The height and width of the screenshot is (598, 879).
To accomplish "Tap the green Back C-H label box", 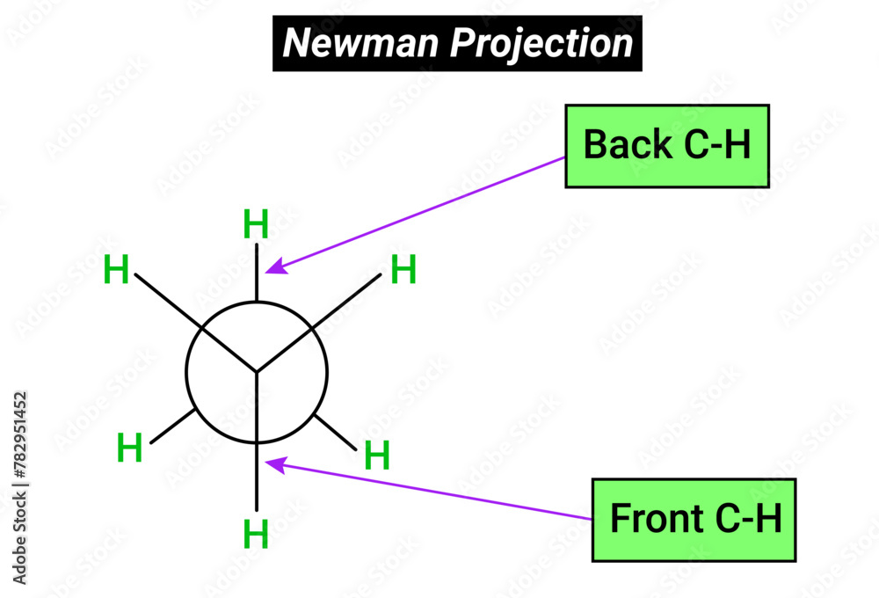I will coord(666,145).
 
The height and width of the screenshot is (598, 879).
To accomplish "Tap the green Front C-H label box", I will coord(694,520).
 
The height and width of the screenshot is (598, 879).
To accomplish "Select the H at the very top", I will coord(256,225).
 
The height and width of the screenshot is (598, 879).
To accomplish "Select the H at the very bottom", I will coord(256,534).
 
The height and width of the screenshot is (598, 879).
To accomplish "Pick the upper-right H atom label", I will coord(403,269).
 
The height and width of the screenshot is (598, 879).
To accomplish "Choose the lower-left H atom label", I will coord(129,448).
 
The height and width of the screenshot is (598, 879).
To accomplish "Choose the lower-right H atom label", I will coord(376,456).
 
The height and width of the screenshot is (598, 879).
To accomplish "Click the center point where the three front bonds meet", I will coord(257,371).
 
